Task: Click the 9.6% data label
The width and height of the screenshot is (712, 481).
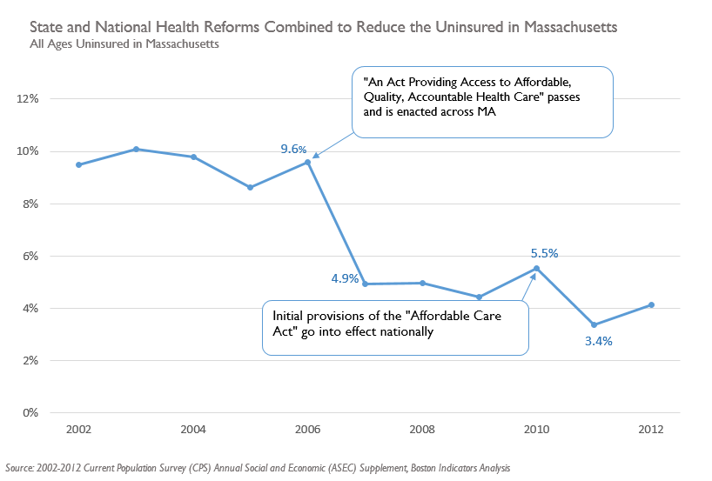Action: (x=293, y=149)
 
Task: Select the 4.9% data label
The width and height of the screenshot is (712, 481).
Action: (x=344, y=278)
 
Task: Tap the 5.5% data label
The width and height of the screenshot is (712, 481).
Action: (x=544, y=253)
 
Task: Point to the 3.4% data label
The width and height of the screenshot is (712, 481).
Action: (x=598, y=341)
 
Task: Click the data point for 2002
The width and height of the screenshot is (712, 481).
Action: (x=79, y=164)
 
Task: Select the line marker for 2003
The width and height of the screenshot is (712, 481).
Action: (x=137, y=149)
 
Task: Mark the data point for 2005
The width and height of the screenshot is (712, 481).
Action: (x=251, y=187)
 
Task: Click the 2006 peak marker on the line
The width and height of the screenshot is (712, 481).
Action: (x=308, y=162)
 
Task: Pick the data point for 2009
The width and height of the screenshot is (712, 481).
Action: (x=480, y=297)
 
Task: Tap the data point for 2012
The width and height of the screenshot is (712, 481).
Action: (x=651, y=304)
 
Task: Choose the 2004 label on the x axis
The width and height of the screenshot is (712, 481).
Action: (x=193, y=430)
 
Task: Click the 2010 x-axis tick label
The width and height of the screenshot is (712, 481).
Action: (x=536, y=430)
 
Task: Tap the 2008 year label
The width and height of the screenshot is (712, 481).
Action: (x=422, y=430)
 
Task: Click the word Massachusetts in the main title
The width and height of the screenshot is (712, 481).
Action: (x=567, y=28)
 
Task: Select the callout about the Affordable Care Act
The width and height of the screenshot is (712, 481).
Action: (x=395, y=327)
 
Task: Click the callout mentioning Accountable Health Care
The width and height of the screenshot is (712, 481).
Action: (x=482, y=102)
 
